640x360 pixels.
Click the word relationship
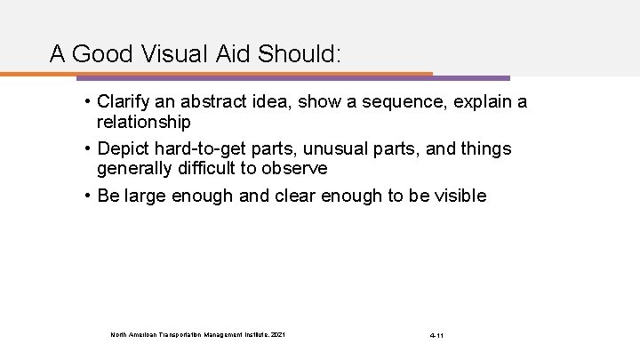click(144, 120)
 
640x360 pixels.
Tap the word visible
click(458, 196)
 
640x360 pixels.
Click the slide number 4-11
click(436, 335)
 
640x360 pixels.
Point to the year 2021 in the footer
click(279, 334)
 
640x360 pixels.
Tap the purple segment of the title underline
click(471, 77)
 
